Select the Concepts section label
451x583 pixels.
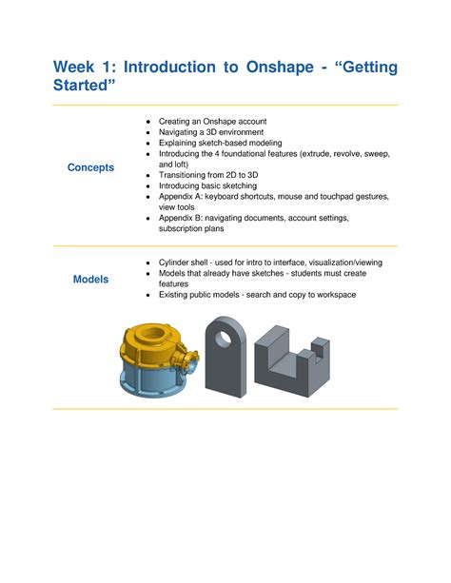(x=90, y=167)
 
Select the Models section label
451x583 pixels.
(x=91, y=279)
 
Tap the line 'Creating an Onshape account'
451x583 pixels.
(x=213, y=122)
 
